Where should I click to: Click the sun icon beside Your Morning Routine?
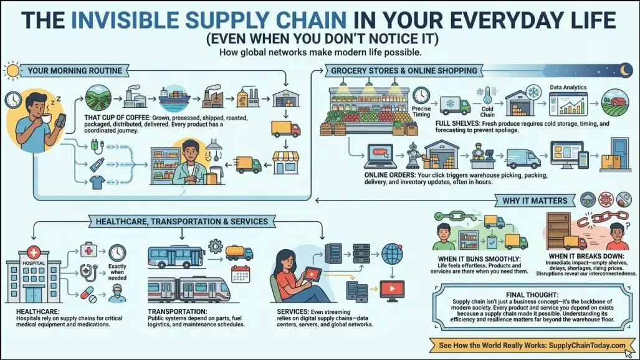12,71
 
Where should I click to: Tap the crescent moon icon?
625,70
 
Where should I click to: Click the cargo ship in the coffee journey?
174,98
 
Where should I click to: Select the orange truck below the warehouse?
285,129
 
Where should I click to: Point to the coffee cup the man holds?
47,118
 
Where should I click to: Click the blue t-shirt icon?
98,182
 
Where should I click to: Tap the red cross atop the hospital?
34,252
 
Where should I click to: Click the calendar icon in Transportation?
241,274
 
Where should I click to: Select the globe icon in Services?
392,254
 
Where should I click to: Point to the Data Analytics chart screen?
568,103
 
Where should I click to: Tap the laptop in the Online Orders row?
380,156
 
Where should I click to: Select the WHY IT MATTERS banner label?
535,201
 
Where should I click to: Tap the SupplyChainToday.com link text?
587,345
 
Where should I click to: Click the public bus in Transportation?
176,257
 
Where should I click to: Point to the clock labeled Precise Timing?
421,95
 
